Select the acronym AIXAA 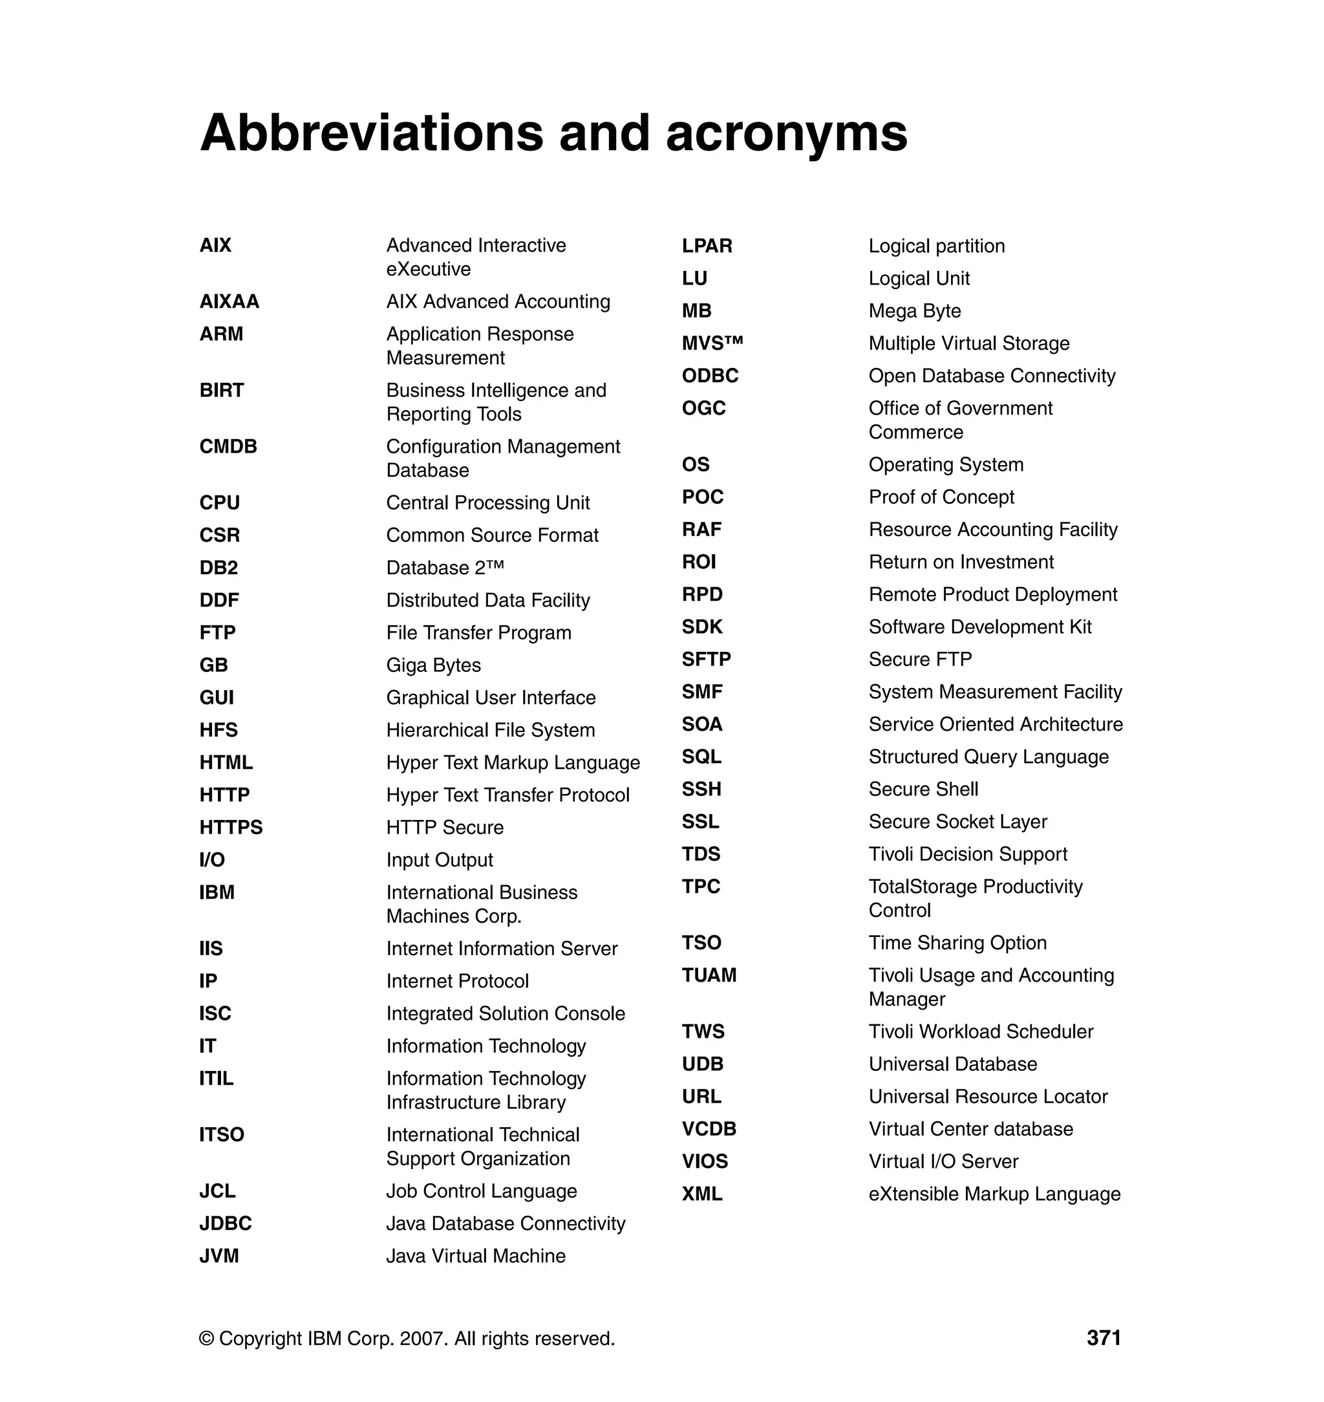coord(230,301)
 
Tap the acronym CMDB coord(228,446)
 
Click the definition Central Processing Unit coord(487,502)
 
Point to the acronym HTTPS coord(231,827)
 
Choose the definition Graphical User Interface coord(491,698)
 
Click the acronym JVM coord(219,1256)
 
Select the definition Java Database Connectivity coord(506,1224)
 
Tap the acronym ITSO coord(222,1134)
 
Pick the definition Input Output coord(439,860)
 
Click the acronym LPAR coord(707,246)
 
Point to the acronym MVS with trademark coord(712,343)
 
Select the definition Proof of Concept coord(941,497)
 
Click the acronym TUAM coord(709,975)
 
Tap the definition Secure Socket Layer coord(957,822)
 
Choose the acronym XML coord(701,1194)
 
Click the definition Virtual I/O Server coord(943,1161)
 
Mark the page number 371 coord(1103,1338)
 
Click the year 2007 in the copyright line coord(422,1339)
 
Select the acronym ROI coord(699,562)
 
